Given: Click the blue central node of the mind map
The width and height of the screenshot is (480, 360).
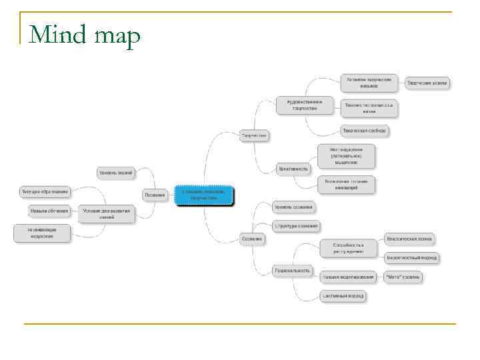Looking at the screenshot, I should click(x=204, y=195).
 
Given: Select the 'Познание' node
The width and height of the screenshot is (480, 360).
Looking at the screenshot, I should click(x=155, y=195).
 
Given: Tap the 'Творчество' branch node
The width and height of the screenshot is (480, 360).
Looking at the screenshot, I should click(x=254, y=135).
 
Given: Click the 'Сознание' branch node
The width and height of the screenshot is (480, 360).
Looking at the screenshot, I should click(x=253, y=238).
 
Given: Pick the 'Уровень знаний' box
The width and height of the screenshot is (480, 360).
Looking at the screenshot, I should click(x=116, y=173).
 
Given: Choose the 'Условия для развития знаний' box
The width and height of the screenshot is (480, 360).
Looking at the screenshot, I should click(x=107, y=213).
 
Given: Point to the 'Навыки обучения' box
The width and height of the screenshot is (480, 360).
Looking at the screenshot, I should click(x=49, y=211).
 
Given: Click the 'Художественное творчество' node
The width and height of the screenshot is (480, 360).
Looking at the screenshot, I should click(x=304, y=105).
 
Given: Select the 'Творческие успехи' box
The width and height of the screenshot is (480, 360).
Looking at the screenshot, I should click(x=427, y=83).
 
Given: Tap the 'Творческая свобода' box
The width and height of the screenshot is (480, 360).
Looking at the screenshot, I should click(x=364, y=131).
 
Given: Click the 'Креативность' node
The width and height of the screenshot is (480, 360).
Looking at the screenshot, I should click(x=293, y=169).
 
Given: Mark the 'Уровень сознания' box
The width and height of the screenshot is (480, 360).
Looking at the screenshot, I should click(x=293, y=207).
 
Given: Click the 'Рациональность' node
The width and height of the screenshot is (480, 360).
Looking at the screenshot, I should click(x=292, y=270).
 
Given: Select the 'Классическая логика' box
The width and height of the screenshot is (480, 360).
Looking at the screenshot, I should click(x=409, y=238).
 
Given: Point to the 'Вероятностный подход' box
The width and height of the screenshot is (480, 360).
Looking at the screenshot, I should click(x=411, y=257).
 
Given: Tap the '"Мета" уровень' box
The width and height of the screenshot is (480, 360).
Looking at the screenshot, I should click(x=403, y=277).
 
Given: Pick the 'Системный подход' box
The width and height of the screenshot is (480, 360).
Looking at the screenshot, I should click(x=343, y=295).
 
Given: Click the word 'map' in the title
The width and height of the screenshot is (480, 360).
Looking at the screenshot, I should click(x=117, y=37).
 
